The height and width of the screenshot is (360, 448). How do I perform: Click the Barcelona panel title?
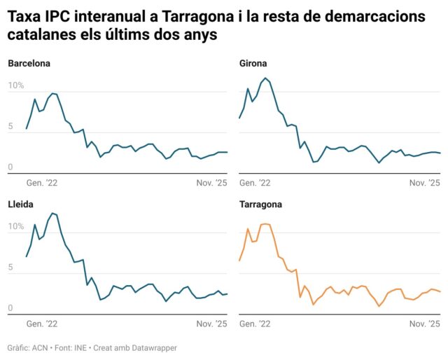[x=29, y=64]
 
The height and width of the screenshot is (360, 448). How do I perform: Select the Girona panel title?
[x=253, y=64]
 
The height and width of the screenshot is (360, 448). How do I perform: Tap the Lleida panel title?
[x=21, y=205]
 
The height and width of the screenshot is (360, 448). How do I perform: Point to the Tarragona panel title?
[x=261, y=205]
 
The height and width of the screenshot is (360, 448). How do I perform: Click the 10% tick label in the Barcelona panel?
[x=16, y=85]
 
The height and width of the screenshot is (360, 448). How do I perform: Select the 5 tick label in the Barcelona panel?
[x=10, y=127]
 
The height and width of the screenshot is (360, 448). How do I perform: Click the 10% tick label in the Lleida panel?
[x=16, y=226]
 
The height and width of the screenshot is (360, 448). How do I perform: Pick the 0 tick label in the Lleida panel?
[x=10, y=308]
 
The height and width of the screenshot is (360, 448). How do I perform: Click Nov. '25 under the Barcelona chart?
[x=211, y=184]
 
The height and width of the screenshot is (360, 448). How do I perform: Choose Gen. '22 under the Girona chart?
[x=255, y=184]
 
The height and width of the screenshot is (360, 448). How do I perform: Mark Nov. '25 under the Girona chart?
[x=424, y=184]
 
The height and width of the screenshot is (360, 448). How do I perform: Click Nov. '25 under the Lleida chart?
[x=211, y=324]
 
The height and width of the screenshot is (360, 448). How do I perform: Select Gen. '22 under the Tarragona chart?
[x=255, y=324]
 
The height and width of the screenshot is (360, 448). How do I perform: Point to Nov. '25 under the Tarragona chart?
[x=424, y=324]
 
